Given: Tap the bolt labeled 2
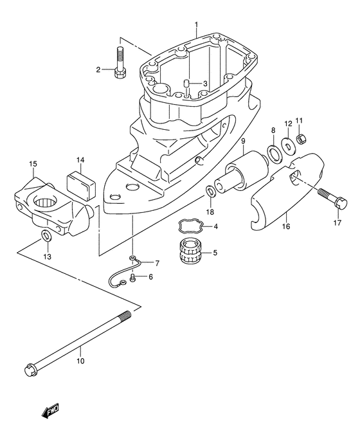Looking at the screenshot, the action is click(x=120, y=63).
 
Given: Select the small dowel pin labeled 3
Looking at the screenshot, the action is click(x=186, y=84).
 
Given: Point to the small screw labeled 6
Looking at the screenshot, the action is click(x=132, y=277).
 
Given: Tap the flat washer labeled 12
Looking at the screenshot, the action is click(x=288, y=144).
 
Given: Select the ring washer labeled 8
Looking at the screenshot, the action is click(x=274, y=153).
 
